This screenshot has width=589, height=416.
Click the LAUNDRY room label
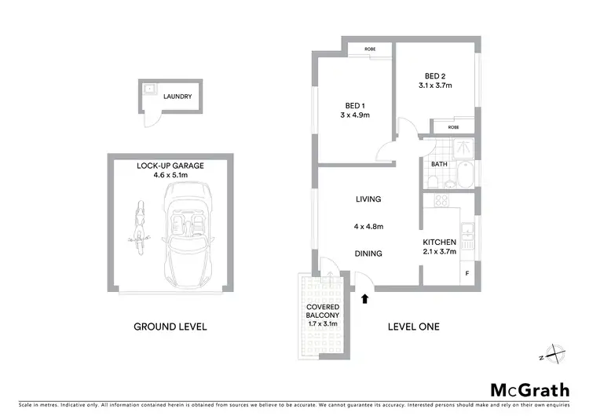pos(177,97)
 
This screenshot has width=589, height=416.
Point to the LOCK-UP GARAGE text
pos(170,166)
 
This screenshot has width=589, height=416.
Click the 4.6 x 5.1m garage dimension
pos(170,176)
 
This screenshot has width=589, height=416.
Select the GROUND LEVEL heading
pos(170,327)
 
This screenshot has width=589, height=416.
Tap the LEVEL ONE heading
pos(414,327)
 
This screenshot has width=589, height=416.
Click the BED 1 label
pos(355,105)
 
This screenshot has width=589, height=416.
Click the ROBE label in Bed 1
pos(370,49)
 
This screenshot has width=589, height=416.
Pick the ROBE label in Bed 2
pos(453,126)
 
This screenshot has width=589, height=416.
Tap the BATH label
pos(439,164)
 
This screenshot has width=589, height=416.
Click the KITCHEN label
pos(439,242)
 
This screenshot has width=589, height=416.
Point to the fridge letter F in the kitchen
pos(466,274)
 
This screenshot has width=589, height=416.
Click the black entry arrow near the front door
pos(364,297)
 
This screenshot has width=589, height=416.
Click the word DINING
pos(368,254)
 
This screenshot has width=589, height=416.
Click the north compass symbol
pos(555,355)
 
